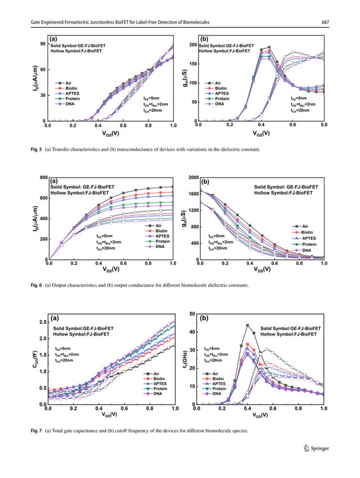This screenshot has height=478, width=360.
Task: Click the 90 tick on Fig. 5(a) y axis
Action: [42, 45]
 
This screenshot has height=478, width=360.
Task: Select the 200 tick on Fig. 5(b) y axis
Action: [192, 45]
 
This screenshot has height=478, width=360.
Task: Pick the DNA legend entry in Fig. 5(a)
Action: [68, 104]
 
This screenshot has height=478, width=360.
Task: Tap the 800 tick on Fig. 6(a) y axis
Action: [42, 178]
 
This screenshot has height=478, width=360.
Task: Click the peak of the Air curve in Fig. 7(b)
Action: [248, 325]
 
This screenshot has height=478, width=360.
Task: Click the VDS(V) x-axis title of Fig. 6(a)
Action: [111, 269]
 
